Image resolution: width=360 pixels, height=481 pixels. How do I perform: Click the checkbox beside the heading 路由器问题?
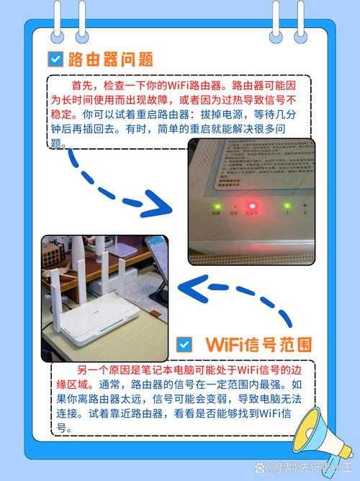[x=55, y=58]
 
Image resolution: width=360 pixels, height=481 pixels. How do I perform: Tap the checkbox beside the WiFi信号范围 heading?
[x=184, y=345]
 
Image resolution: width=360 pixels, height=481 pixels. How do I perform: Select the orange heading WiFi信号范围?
[x=258, y=344]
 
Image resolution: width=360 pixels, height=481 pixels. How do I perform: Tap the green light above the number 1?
[x=287, y=204]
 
